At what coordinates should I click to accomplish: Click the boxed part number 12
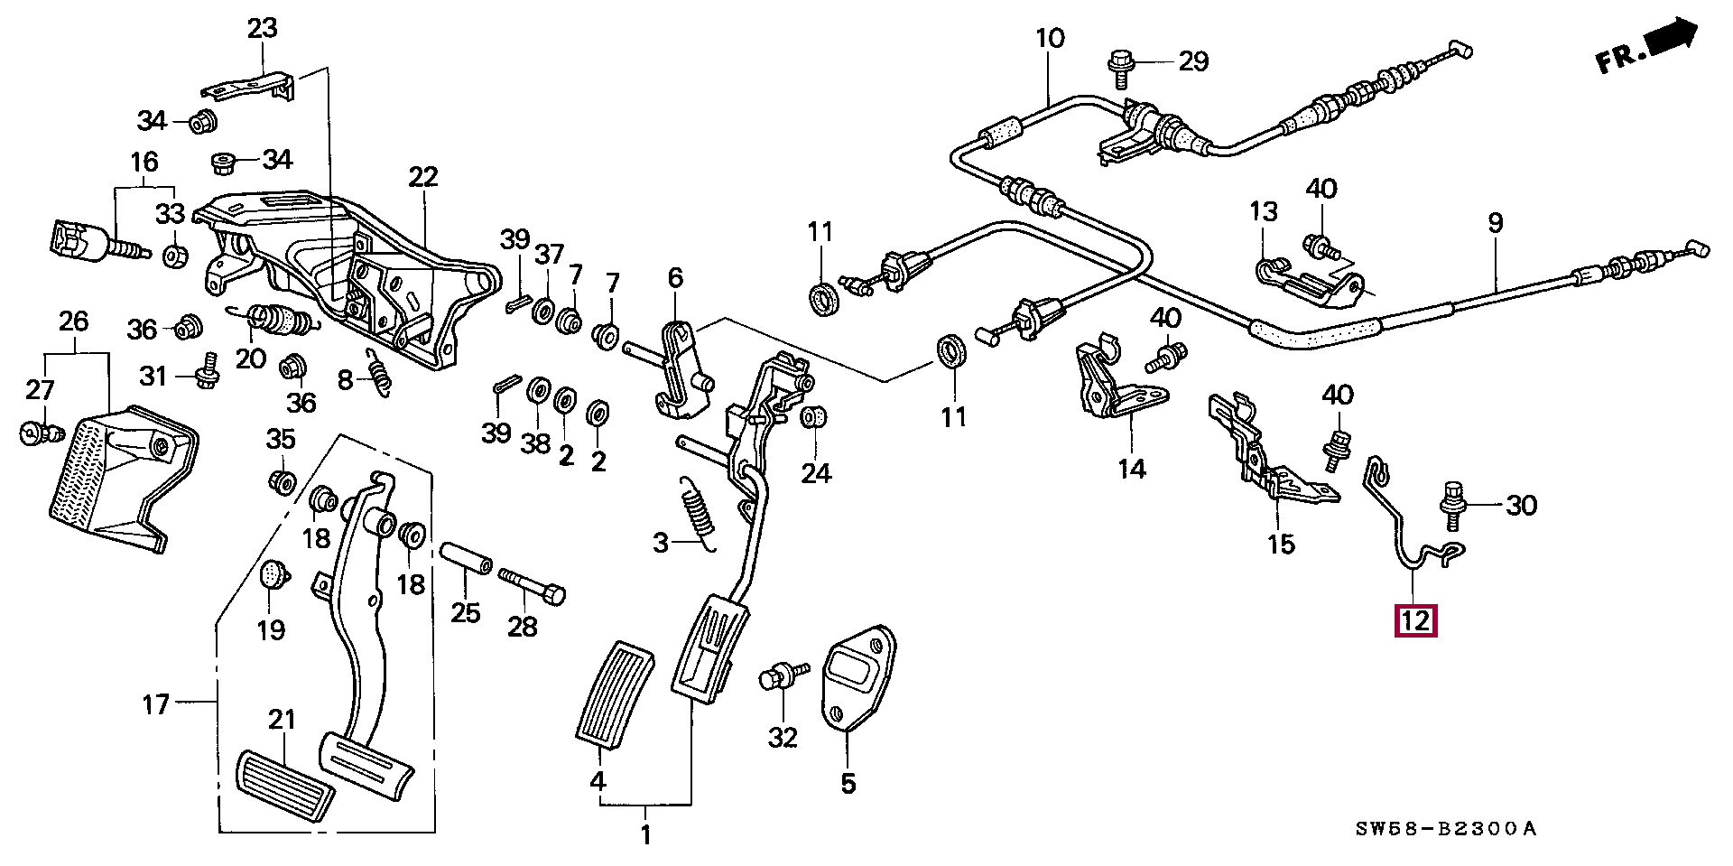(x=1415, y=620)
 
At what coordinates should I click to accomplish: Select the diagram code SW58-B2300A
(x=1445, y=829)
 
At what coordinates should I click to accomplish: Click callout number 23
(x=263, y=29)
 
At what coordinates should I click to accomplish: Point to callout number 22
(x=422, y=176)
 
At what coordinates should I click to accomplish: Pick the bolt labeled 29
(x=1119, y=66)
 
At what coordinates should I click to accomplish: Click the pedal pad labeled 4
(x=614, y=694)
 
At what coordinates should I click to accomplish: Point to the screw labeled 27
(x=41, y=433)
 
